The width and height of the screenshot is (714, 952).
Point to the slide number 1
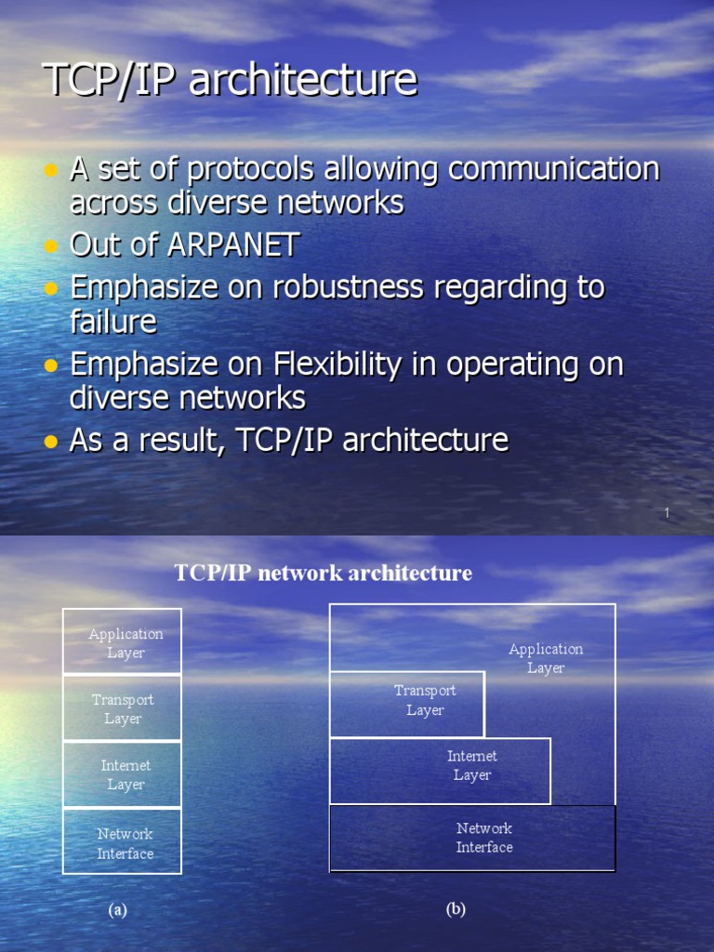pos(667,513)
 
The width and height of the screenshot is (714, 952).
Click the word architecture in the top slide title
pos(303,80)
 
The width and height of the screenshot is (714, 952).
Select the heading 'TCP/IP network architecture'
pos(323,573)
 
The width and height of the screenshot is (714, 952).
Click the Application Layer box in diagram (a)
pos(122,642)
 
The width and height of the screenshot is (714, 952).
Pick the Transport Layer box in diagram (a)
pos(122,708)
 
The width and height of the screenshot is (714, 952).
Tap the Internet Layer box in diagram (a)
pos(122,774)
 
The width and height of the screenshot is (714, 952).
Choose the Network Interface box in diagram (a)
pos(122,842)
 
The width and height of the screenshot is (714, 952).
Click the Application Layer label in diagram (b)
pos(546,658)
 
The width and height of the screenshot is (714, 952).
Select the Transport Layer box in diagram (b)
pos(407,703)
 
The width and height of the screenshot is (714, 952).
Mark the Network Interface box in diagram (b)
pos(472,838)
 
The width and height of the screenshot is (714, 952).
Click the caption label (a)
pos(117,910)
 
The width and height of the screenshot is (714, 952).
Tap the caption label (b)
pos(456,909)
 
